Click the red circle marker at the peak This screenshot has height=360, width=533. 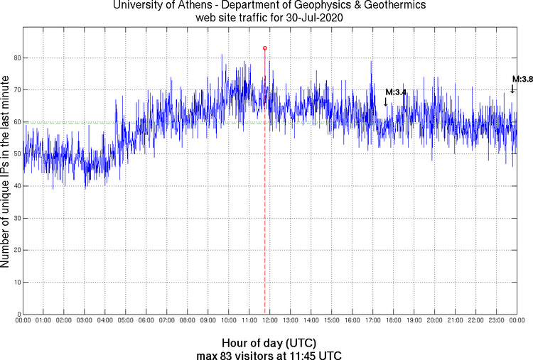click(x=265, y=48)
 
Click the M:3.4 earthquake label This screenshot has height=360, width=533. click(x=395, y=92)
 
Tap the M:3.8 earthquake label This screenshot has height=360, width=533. click(x=522, y=79)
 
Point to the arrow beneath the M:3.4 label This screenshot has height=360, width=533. click(x=386, y=102)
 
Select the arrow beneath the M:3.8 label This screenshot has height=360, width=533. click(x=512, y=89)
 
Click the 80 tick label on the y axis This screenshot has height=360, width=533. click(x=16, y=58)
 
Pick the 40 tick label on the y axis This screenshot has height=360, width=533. click(x=16, y=186)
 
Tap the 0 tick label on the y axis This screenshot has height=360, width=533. click(x=18, y=314)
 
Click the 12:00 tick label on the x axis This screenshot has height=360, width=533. click(x=270, y=322)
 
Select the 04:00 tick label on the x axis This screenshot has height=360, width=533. click(x=105, y=322)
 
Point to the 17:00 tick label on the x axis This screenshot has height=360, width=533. click(x=373, y=322)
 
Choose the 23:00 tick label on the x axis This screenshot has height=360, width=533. click(x=497, y=322)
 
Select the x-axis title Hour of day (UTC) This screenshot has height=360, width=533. click(x=266, y=342)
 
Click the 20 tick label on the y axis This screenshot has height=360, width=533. click(x=16, y=250)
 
